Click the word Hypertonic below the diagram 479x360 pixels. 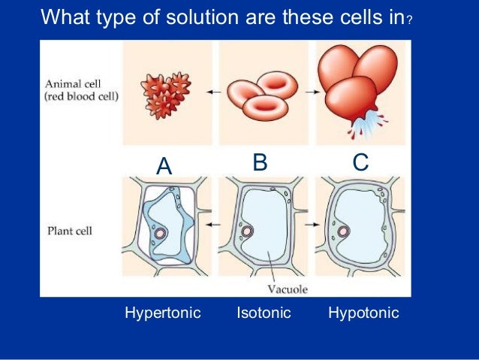pos(162,313)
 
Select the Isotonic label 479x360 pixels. pos(263,313)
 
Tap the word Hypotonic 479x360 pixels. pos(363,313)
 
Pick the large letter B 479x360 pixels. pos(260,162)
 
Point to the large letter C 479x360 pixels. pos(360,162)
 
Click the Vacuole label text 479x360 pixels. pos(288,288)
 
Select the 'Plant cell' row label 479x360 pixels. pos(69,231)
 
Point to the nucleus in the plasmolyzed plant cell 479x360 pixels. pos(158,234)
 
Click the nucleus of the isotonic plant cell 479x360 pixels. pos(246,228)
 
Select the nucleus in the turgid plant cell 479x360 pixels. pos(343,231)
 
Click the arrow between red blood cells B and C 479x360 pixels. pos(309,92)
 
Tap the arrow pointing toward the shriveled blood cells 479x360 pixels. pos(213,92)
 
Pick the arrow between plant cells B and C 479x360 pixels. pos(309,225)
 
